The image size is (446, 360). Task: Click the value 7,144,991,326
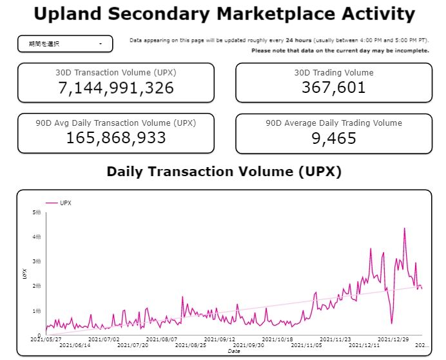click(x=116, y=88)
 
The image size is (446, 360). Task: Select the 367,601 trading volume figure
click(x=333, y=88)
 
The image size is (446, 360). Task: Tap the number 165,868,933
click(x=116, y=137)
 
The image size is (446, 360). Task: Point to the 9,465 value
click(x=333, y=137)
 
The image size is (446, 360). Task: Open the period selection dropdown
click(x=65, y=44)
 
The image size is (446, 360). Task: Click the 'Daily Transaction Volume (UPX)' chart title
click(x=224, y=172)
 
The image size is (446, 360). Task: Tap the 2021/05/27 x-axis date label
click(x=46, y=339)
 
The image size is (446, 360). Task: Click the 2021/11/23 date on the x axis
click(x=334, y=339)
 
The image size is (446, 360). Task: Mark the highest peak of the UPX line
click(x=404, y=228)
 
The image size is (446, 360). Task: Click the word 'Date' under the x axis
click(x=233, y=352)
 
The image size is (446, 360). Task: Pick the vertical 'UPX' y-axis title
click(x=25, y=274)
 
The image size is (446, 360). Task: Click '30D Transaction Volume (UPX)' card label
click(x=116, y=72)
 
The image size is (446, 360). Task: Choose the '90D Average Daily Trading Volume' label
click(x=333, y=123)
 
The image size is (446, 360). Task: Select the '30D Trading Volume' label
click(x=333, y=72)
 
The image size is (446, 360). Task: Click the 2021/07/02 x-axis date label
click(x=104, y=339)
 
